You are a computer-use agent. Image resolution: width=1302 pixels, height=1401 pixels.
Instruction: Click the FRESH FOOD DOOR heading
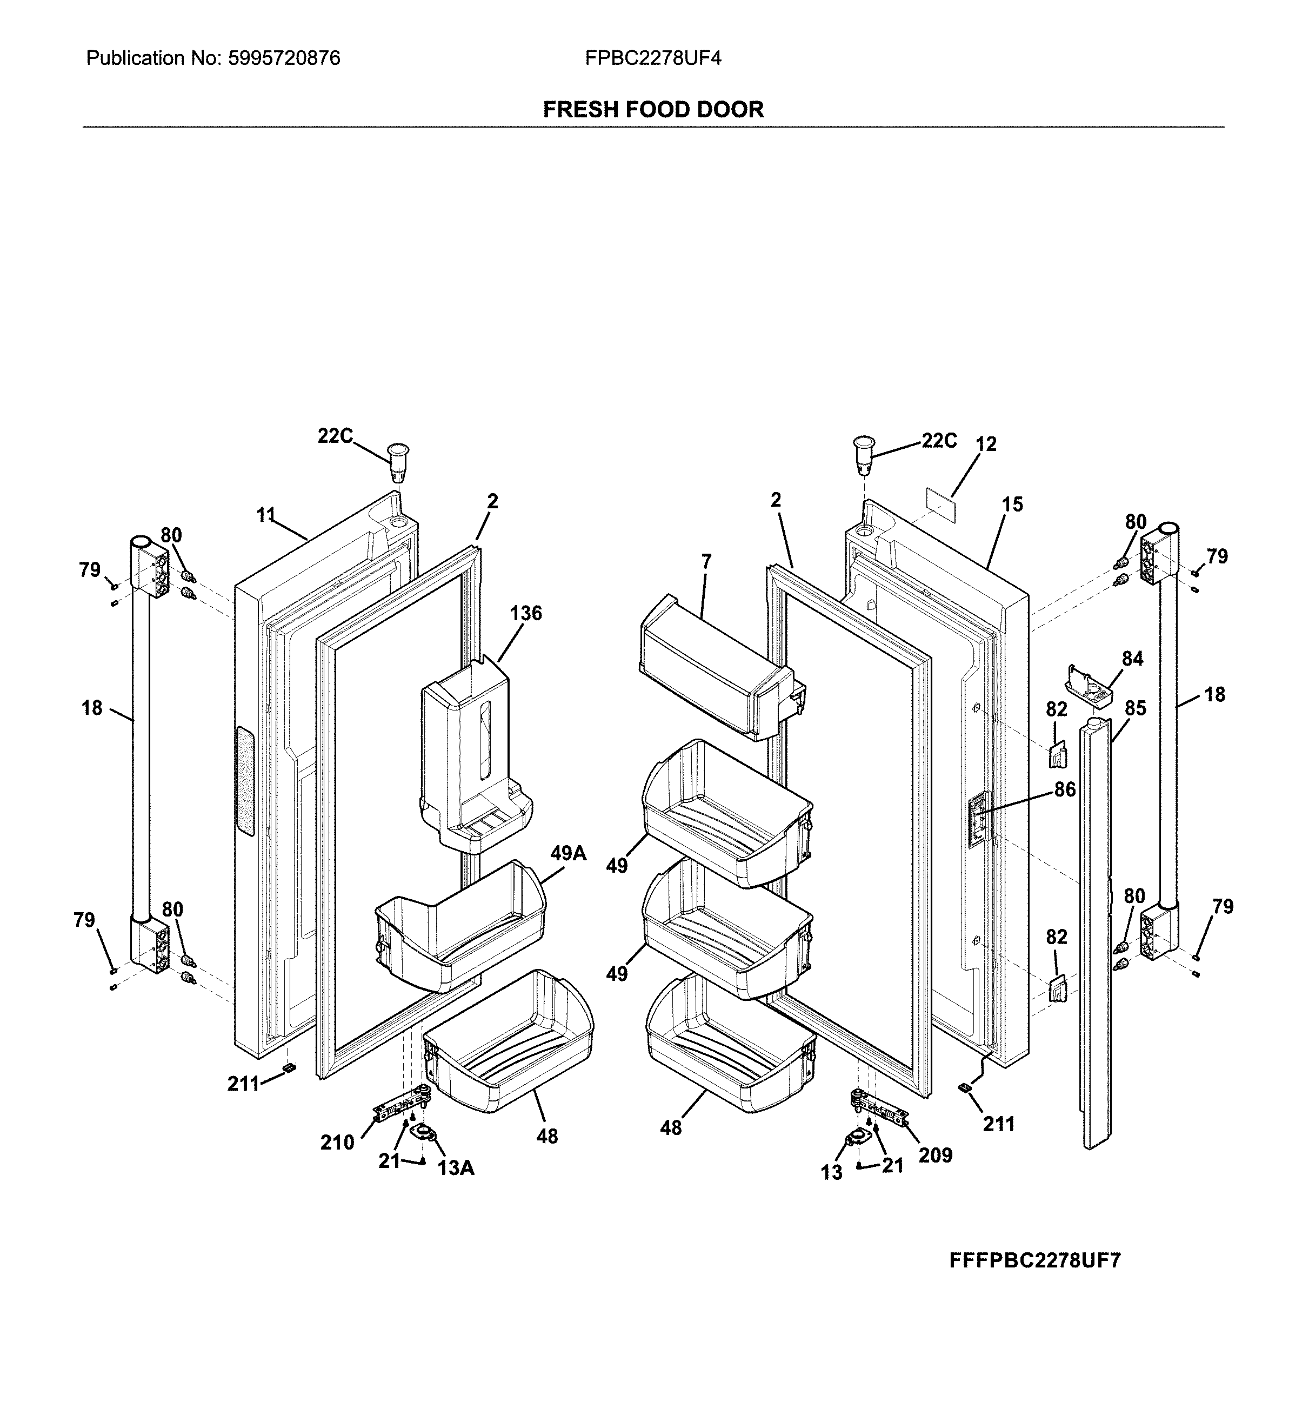click(x=653, y=109)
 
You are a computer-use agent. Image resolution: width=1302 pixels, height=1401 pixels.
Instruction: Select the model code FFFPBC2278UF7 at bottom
click(x=1034, y=1260)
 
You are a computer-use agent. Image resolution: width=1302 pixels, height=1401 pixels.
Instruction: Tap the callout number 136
click(x=525, y=613)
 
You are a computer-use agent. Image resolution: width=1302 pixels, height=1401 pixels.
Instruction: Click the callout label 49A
click(x=568, y=853)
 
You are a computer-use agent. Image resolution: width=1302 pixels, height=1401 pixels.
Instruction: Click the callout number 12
click(x=986, y=444)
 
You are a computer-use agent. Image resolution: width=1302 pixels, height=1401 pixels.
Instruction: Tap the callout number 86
click(x=1065, y=789)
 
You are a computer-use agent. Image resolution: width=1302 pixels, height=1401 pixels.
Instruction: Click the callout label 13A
click(x=455, y=1168)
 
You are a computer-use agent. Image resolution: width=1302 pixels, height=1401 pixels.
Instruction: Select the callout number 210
click(x=337, y=1143)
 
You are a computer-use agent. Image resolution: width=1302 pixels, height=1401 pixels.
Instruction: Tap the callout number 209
click(x=934, y=1155)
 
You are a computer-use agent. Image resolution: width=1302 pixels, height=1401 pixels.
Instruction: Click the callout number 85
click(x=1135, y=708)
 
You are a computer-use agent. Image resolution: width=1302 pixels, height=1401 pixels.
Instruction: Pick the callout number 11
click(x=265, y=516)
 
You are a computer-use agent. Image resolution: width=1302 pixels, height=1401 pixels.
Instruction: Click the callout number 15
click(x=1012, y=504)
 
